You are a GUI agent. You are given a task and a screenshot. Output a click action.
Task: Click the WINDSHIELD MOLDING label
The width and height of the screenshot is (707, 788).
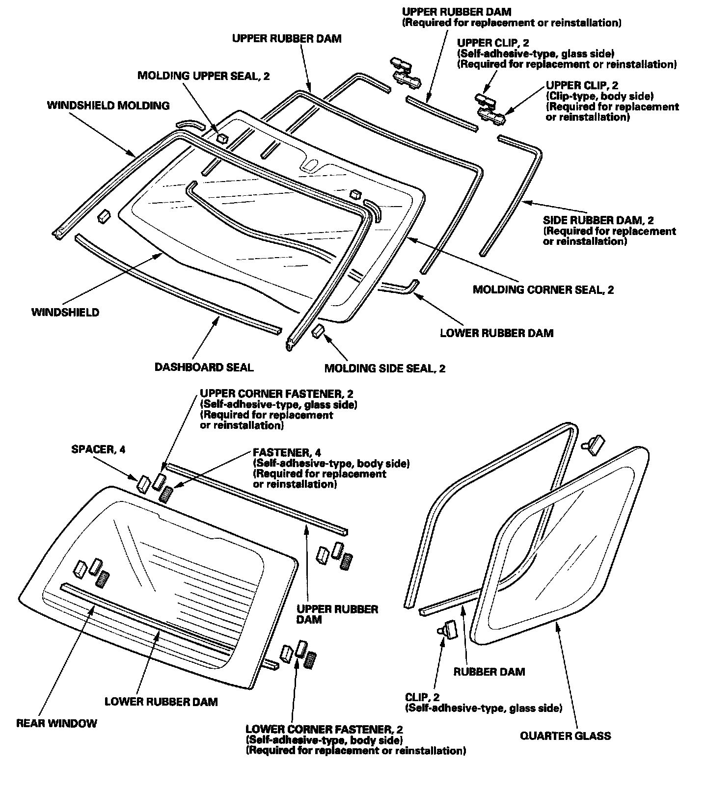[x=108, y=105]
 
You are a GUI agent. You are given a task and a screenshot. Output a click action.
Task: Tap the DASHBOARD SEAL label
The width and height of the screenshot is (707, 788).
[x=204, y=367]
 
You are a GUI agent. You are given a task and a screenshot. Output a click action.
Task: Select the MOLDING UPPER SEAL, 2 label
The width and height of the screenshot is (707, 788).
[x=203, y=76]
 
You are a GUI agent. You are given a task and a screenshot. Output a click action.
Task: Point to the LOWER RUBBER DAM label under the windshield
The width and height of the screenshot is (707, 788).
[x=496, y=333]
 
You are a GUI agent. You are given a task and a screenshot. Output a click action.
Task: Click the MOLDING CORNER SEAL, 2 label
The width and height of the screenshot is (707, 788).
[x=543, y=289]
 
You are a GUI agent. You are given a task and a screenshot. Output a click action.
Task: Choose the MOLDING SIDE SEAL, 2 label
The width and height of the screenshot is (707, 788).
[x=384, y=368]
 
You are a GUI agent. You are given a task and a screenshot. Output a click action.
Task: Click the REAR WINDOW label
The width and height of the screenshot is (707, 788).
[x=56, y=723]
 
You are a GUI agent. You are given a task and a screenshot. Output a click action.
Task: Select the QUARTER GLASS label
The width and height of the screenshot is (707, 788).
[x=565, y=735]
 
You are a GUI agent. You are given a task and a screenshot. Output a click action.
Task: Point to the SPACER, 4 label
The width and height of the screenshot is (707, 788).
[x=98, y=449]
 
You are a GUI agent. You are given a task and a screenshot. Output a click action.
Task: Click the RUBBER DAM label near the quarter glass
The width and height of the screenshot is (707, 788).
[x=489, y=671]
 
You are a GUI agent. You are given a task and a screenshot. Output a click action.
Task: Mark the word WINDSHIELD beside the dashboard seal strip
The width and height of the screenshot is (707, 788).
[x=65, y=312]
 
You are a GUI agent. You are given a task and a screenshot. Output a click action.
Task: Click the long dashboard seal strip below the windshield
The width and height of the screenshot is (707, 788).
[x=177, y=282]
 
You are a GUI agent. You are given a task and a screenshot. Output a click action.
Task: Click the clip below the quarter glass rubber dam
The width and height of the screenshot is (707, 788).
[x=448, y=628]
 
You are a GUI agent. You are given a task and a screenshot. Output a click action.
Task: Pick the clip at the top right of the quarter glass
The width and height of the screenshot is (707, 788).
[x=593, y=444]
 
